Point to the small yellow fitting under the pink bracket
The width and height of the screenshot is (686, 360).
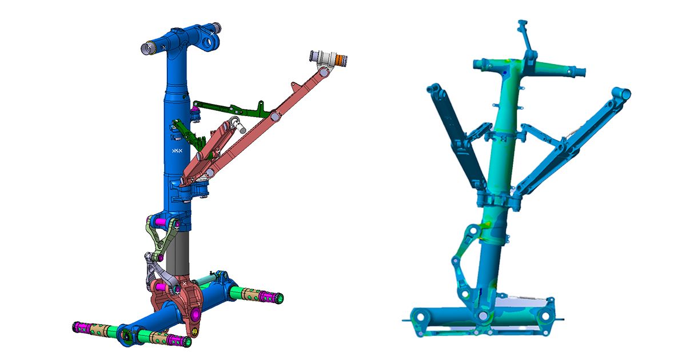coord(194,331)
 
